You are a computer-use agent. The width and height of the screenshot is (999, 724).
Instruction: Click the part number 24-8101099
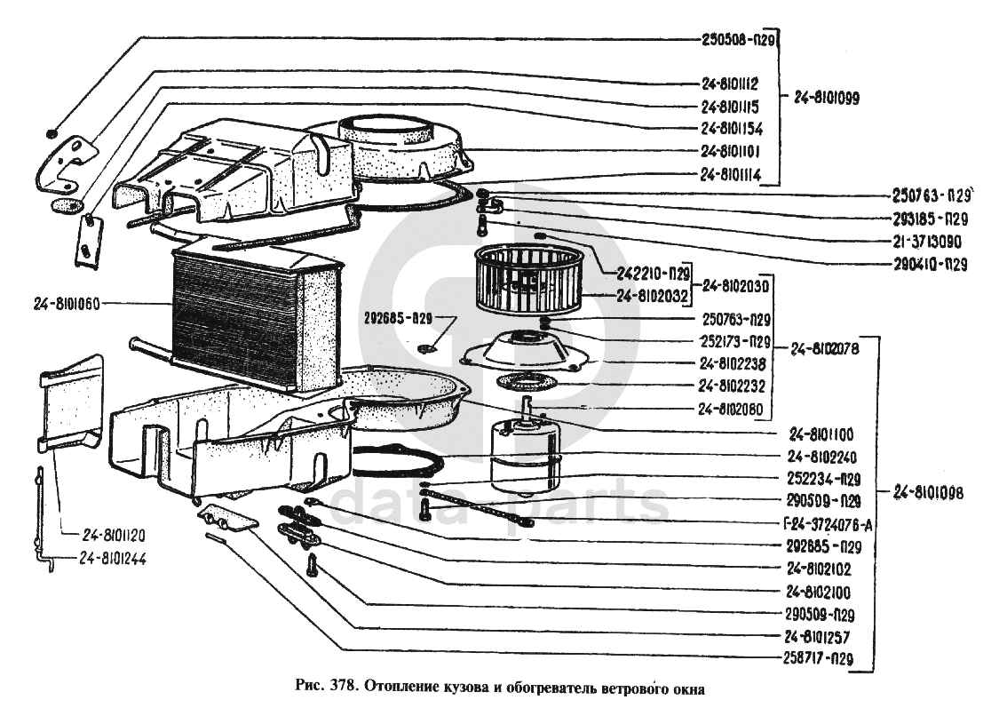click(827, 98)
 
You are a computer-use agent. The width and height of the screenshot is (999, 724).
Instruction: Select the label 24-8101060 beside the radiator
click(67, 304)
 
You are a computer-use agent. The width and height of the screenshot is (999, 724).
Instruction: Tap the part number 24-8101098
click(928, 493)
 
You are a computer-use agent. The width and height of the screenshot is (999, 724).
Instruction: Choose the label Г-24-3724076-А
click(828, 525)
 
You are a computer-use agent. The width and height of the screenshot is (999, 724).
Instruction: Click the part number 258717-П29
click(818, 659)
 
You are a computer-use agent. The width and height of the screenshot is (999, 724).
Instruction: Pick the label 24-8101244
click(114, 559)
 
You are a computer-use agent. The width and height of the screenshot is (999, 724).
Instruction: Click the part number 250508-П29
click(738, 39)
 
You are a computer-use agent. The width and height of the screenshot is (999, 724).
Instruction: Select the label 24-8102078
click(824, 349)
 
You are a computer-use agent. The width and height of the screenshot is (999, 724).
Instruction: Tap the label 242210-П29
click(654, 274)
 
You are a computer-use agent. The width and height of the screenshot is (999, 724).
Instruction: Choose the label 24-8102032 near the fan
click(653, 297)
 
